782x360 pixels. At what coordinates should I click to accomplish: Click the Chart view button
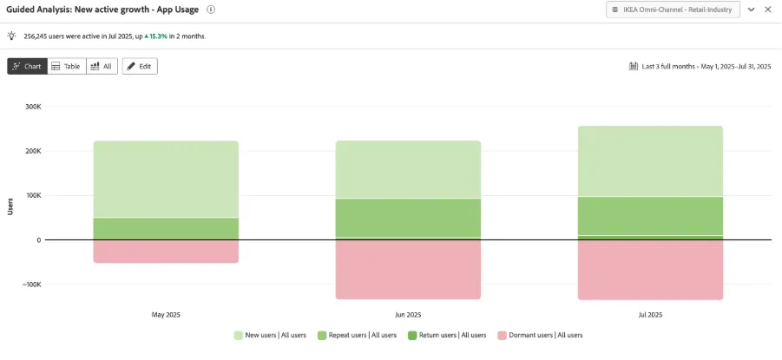28,66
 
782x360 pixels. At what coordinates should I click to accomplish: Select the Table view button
67,66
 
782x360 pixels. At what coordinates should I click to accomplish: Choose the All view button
102,66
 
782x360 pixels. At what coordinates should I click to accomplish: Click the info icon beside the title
211,10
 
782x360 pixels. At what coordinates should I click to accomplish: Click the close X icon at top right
768,10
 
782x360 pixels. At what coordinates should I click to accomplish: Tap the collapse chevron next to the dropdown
752,10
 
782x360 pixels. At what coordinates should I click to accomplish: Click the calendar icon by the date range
634,66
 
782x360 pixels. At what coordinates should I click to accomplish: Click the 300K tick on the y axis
33,107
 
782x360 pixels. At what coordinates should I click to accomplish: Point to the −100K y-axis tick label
31,285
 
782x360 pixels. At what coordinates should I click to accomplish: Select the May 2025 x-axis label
166,315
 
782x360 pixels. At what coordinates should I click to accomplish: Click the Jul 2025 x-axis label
650,315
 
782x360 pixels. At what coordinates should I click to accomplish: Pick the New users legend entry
270,336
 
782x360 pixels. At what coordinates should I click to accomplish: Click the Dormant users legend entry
540,336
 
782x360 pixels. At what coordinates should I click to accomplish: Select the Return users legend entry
446,336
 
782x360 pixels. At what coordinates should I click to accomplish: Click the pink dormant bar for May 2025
166,252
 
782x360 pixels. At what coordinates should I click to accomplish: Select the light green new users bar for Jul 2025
650,161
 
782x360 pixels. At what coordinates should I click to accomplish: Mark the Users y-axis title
10,206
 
